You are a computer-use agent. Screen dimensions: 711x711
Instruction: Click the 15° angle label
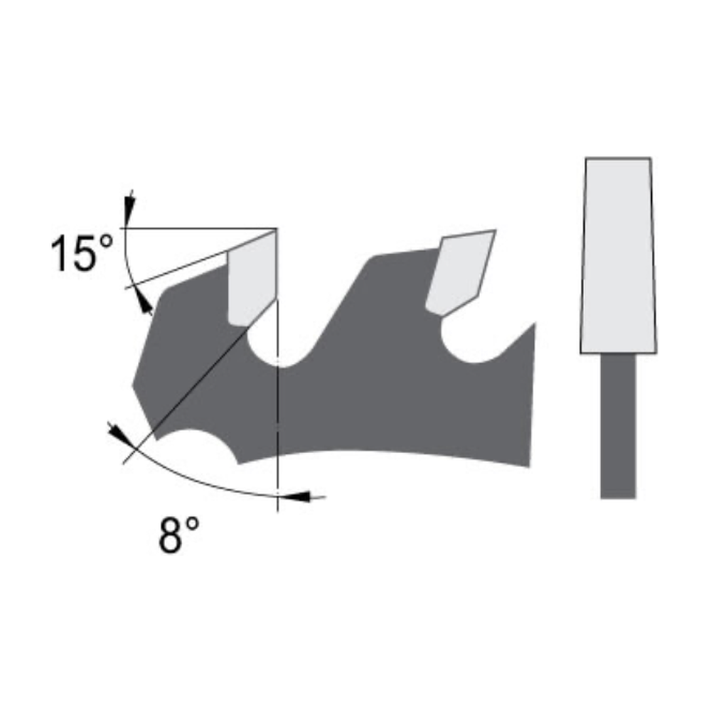82,254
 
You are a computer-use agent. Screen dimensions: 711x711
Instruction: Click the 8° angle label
178,535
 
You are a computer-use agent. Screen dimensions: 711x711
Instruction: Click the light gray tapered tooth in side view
616,256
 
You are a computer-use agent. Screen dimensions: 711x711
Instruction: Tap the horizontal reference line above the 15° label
199,229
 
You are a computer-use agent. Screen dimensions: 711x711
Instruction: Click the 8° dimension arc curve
199,483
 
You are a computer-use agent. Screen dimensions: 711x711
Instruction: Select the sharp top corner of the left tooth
276,230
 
